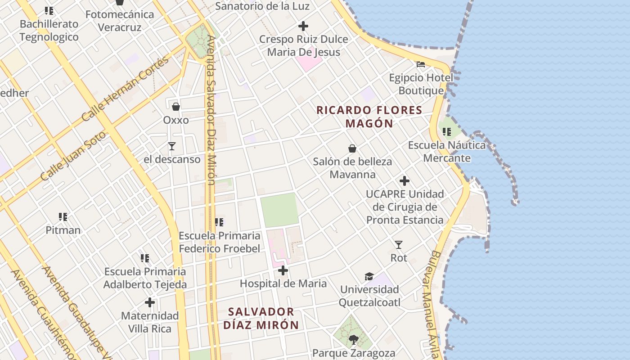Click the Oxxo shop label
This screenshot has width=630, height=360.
coord(176,120)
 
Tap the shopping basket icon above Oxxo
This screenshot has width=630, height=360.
coord(176,107)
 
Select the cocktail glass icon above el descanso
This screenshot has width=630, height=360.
coord(172,146)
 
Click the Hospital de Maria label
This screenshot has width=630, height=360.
coord(283,283)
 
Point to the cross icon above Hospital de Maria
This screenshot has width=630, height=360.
coord(283,270)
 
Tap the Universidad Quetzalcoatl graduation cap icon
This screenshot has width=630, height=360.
coord(369,276)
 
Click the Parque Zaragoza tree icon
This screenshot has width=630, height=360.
coord(354,340)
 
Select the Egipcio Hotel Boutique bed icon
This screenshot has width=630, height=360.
coord(421,64)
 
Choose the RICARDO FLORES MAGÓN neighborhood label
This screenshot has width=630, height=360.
coord(369,117)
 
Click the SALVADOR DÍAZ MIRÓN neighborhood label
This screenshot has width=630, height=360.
coord(261,318)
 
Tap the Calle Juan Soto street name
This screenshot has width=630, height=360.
coord(74,156)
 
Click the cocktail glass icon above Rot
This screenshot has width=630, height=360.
coord(399,245)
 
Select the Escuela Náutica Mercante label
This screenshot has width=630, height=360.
coord(447,152)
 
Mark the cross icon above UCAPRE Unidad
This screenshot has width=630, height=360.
coord(405,181)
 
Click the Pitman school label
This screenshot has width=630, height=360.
coord(63,230)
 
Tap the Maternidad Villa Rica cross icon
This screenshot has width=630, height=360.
coord(150,302)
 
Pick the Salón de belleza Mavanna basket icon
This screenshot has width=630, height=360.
coord(352,148)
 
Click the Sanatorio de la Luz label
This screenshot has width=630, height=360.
coord(262,6)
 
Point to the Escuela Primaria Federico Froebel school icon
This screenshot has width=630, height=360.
coord(219,222)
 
